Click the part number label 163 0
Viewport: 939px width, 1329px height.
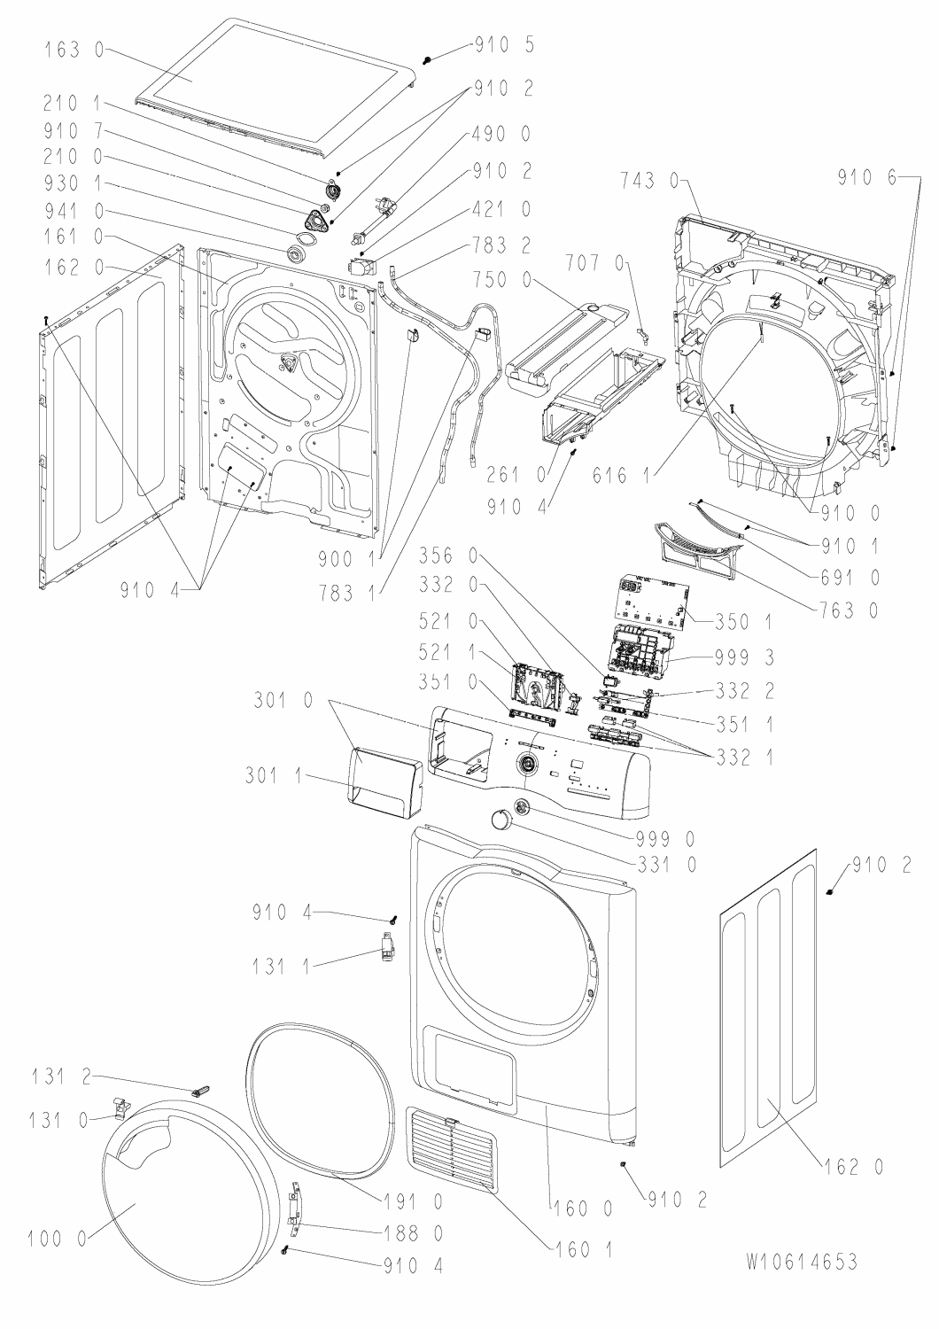pyautogui.click(x=74, y=50)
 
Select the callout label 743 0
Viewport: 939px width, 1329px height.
pyautogui.click(x=649, y=179)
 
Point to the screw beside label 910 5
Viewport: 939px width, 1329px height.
pyautogui.click(x=427, y=59)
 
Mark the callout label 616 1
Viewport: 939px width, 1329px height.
pyautogui.click(x=621, y=475)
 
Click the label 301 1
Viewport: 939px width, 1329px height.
pyautogui.click(x=275, y=775)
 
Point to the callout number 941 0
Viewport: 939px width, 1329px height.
pyautogui.click(x=74, y=211)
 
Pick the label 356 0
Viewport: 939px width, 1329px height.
pyautogui.click(x=448, y=556)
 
